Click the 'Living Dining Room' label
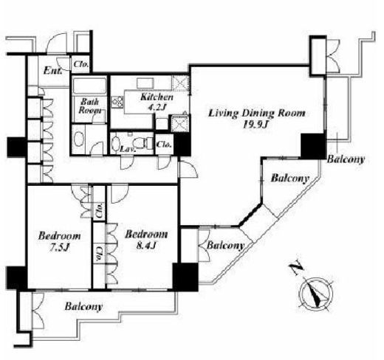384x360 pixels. (x=257, y=114)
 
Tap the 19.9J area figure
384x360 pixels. (x=256, y=125)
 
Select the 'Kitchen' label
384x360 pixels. (x=157, y=97)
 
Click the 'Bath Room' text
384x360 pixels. (x=90, y=106)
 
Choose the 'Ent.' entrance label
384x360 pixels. (x=52, y=71)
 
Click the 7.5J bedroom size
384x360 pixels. (x=60, y=248)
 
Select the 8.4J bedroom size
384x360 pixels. (x=146, y=245)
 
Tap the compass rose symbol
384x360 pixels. (x=316, y=294)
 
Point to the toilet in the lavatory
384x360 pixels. (x=143, y=143)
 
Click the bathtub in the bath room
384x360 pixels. (x=90, y=86)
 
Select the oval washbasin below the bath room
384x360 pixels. (x=79, y=139)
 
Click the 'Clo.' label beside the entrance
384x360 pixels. (x=81, y=64)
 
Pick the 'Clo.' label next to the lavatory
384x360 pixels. (x=164, y=145)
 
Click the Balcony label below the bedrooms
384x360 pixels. (x=83, y=307)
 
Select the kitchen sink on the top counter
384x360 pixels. (x=145, y=83)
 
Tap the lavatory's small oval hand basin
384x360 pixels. (x=115, y=143)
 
